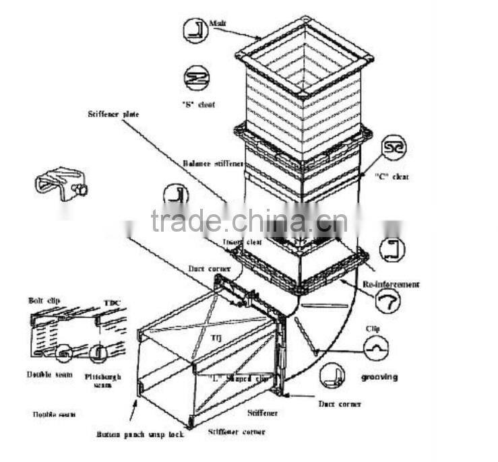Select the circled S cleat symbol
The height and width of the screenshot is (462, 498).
195,77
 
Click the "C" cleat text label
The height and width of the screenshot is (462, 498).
392,176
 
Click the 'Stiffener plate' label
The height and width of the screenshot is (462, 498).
113,114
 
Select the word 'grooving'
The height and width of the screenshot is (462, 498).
379,377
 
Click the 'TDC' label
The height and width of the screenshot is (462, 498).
112,302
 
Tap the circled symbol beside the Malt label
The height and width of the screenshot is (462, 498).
195,29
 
